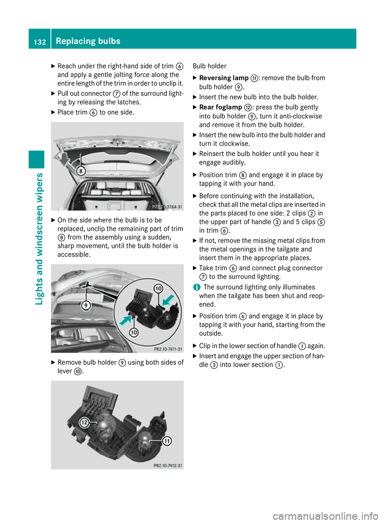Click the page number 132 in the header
tap(40, 42)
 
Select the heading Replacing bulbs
tap(88, 41)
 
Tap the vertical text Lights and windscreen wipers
tap(39, 239)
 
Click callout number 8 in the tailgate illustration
tap(81, 171)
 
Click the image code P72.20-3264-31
tap(167, 207)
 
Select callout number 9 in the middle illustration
tap(85, 305)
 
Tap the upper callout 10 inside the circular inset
tap(158, 288)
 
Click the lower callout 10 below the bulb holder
tap(134, 332)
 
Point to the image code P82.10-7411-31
tap(168, 349)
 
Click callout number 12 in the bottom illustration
tap(84, 423)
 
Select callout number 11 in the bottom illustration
tap(167, 441)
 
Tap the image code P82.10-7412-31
tap(168, 466)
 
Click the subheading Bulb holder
tap(209, 66)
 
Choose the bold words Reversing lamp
tap(224, 78)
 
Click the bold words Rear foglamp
tap(221, 107)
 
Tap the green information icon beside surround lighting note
tap(197, 287)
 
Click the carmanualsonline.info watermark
tap(325, 516)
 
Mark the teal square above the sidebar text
tap(36, 160)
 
